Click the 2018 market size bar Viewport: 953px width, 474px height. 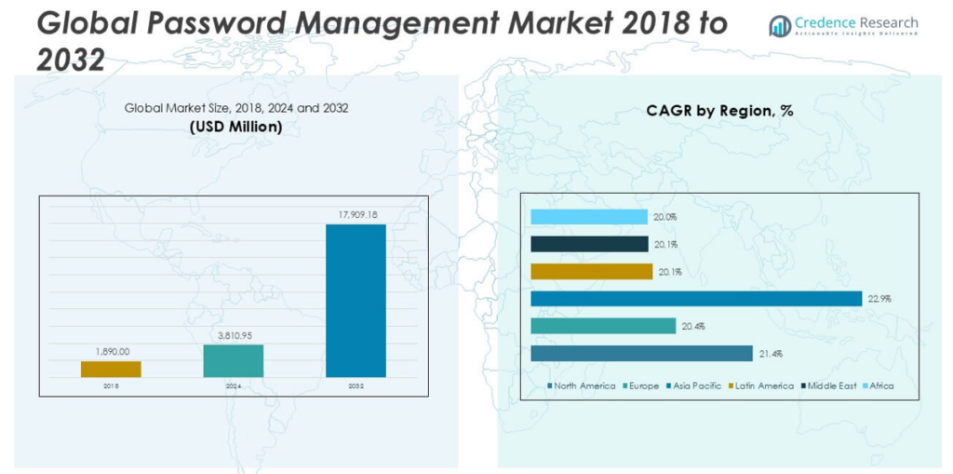coord(111,369)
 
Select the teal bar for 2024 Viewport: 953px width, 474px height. coord(233,360)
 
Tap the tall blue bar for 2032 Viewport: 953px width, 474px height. coord(356,300)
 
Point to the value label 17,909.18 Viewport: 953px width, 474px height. coord(356,215)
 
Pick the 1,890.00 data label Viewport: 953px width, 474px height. coord(111,352)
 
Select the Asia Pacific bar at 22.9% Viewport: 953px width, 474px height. coord(696,298)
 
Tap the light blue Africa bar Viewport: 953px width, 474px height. coord(589,217)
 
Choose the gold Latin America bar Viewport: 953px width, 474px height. coord(591,271)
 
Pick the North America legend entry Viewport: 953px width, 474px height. coord(584,385)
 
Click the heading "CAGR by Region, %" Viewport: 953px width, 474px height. coord(719,110)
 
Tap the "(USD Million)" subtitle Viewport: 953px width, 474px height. coord(235,126)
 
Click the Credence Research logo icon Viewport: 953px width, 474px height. coord(780,27)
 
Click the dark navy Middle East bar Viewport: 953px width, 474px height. coord(589,244)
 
